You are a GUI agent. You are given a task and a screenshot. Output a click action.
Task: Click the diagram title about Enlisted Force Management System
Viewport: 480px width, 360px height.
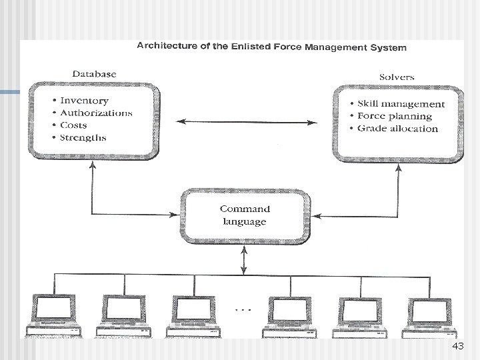pyautogui.click(x=271, y=47)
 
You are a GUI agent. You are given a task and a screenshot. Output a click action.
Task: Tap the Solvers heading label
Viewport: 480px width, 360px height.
pyautogui.click(x=397, y=77)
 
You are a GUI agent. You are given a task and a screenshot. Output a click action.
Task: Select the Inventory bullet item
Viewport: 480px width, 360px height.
pyautogui.click(x=84, y=101)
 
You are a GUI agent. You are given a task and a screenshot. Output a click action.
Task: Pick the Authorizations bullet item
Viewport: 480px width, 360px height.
pyautogui.click(x=96, y=113)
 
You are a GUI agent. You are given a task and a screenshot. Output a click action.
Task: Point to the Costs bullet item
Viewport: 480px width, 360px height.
pyautogui.click(x=73, y=125)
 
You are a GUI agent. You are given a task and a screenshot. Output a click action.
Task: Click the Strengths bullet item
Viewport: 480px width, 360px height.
pyautogui.click(x=83, y=138)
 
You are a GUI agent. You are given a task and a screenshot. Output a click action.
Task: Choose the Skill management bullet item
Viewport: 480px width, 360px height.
pyautogui.click(x=401, y=104)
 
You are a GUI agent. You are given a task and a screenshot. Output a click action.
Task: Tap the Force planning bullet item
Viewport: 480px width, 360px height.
pyautogui.click(x=394, y=116)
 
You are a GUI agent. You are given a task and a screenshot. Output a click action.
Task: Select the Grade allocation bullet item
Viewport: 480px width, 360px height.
pyautogui.click(x=397, y=128)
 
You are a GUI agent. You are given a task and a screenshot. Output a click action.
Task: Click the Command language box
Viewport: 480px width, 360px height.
pyautogui.click(x=245, y=215)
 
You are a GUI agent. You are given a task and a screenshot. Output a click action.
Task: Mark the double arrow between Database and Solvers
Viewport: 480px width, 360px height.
pyautogui.click(x=247, y=122)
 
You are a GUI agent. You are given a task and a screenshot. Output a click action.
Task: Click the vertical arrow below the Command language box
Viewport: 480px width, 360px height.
pyautogui.click(x=245, y=258)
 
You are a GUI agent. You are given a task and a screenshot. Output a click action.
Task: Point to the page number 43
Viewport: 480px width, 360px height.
pyautogui.click(x=457, y=347)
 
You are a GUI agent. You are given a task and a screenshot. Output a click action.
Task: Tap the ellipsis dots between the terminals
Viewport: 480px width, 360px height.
pyautogui.click(x=244, y=309)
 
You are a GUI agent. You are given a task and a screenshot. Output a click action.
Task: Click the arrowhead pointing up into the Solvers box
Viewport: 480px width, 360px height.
pyautogui.click(x=398, y=168)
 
